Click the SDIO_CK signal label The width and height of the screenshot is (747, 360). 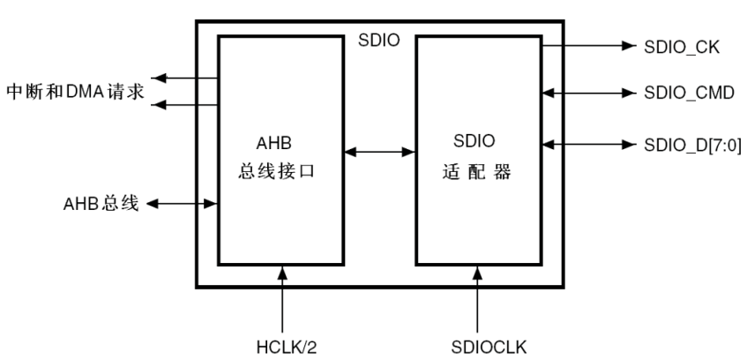point(683,46)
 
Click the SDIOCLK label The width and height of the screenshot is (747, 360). point(478,343)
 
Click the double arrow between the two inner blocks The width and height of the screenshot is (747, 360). point(378,153)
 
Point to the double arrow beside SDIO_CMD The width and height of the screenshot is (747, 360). point(587,92)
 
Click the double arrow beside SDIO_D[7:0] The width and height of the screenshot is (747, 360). point(587,144)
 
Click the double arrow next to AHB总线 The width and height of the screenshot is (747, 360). point(182,205)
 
